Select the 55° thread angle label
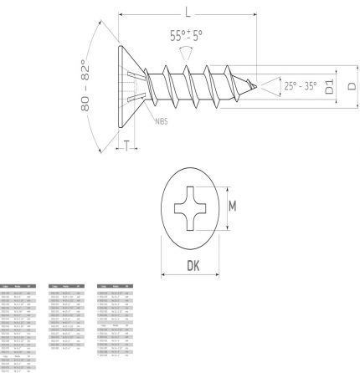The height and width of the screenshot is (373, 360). coord(186,36)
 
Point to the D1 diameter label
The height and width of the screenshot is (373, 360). coord(330,86)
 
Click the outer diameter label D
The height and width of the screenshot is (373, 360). coord(352,86)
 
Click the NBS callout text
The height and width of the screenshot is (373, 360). coord(162,123)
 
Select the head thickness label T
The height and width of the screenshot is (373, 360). coord(126,147)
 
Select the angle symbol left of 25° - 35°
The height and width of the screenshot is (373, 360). coord(270,85)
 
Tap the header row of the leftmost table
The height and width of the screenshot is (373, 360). coord(18,286)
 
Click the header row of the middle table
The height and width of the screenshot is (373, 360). coord(66,286)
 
